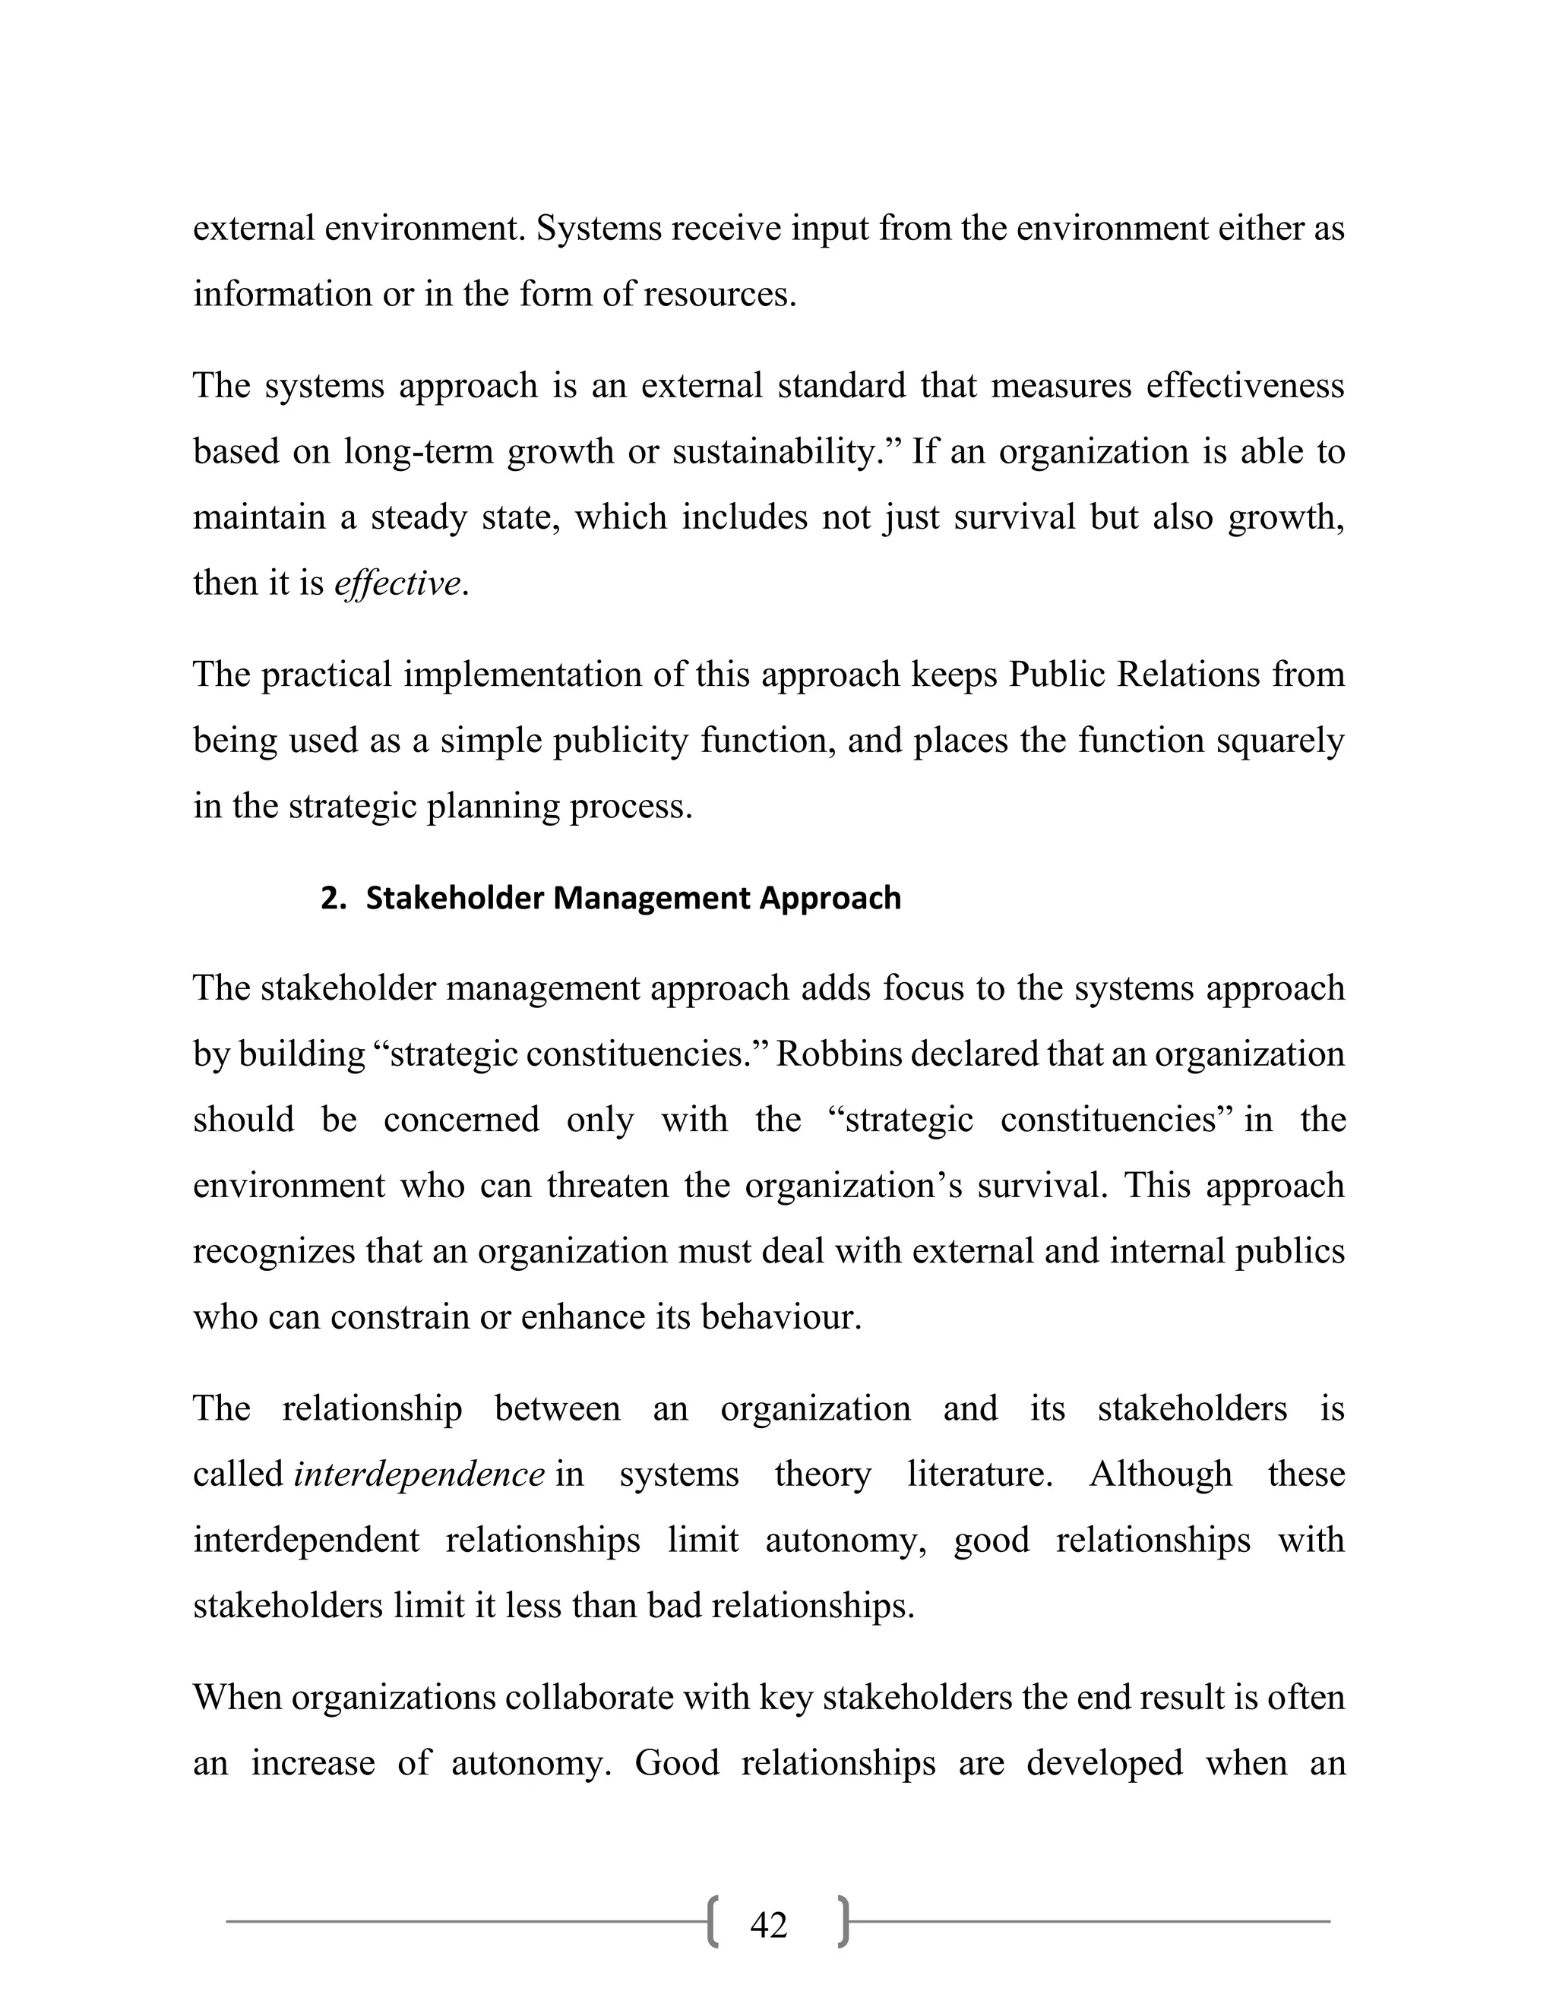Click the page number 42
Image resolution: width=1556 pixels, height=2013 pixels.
768,1925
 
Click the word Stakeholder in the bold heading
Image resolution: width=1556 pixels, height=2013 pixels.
455,898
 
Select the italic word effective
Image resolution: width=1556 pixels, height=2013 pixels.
397,583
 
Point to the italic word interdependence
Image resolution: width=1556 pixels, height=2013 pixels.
419,1474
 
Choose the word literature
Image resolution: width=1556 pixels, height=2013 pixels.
979,1474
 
